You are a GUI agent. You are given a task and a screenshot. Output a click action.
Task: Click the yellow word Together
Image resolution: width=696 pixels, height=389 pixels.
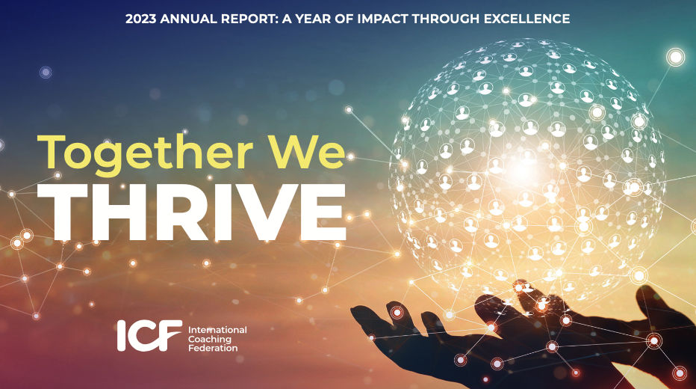[145, 153]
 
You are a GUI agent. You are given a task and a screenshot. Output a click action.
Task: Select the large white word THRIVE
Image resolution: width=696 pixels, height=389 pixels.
[199, 212]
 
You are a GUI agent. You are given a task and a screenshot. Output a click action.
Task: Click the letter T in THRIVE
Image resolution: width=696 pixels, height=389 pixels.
[75, 212]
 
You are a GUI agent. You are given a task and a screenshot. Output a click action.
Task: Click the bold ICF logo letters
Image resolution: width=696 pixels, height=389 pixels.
[149, 335]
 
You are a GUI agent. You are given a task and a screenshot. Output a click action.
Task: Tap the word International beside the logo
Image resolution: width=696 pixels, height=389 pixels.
[217, 330]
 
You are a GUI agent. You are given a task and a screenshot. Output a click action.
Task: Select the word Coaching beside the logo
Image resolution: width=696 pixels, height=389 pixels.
[210, 339]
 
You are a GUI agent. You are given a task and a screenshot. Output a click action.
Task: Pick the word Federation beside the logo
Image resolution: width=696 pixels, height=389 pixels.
[213, 348]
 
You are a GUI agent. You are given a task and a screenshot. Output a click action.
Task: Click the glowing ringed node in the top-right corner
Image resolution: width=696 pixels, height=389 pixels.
[675, 58]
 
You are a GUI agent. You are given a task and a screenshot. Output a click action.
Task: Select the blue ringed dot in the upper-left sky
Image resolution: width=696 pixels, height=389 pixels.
[46, 72]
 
